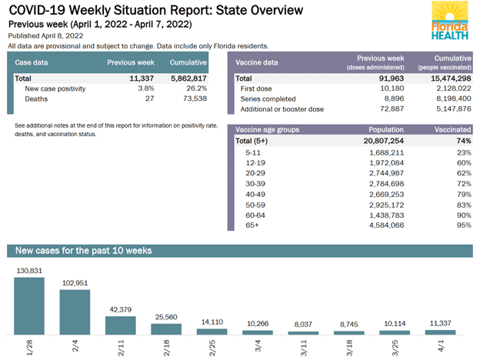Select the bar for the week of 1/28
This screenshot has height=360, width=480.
pos(29,305)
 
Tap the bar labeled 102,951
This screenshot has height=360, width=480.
pos(75,312)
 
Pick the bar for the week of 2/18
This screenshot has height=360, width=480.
pos(165,329)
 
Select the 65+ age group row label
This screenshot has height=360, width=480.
pos(252,225)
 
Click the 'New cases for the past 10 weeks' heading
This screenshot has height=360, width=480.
pos(83,251)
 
